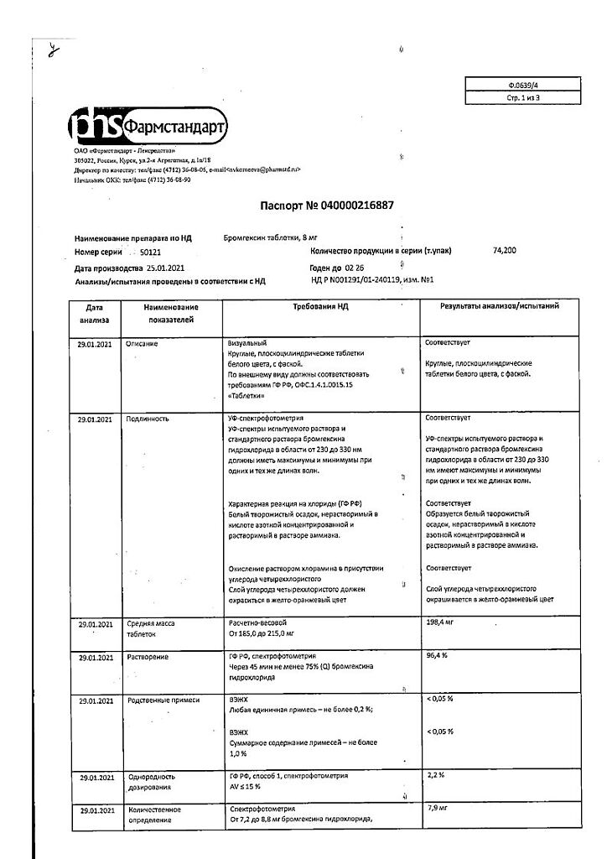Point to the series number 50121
pos(152,252)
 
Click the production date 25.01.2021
pos(160,267)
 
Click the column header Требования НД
pos(320,307)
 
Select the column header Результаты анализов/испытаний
pos(500,307)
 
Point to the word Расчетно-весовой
pos(258,622)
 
